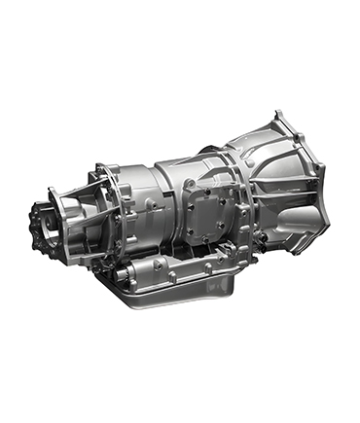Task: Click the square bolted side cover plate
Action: [x=207, y=211]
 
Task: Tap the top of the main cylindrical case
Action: [x=185, y=163]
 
